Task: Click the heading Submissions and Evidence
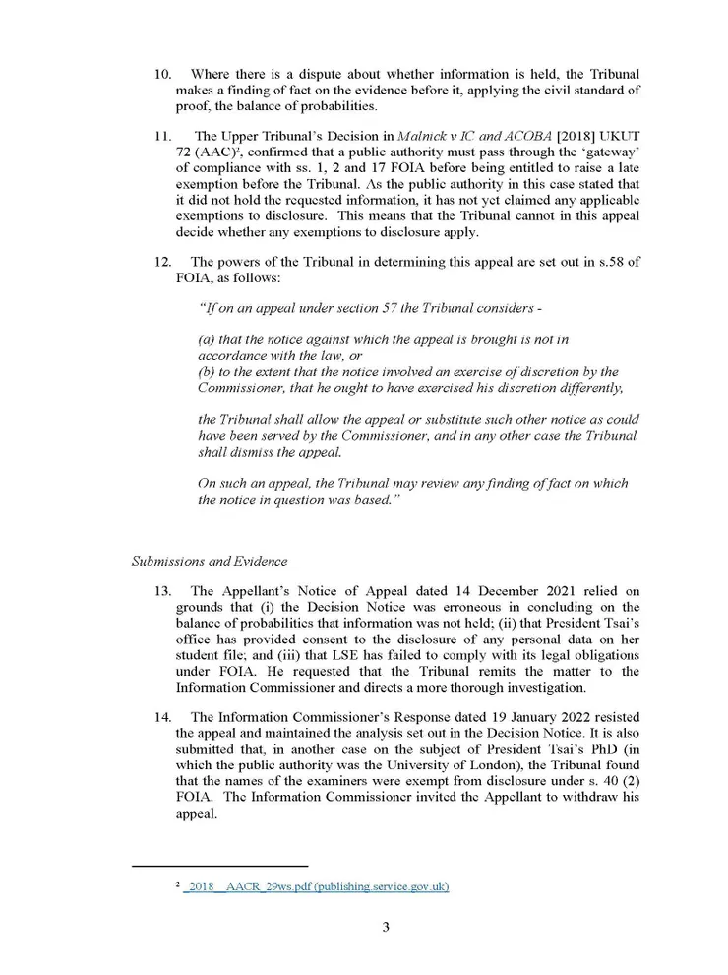click(x=209, y=561)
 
